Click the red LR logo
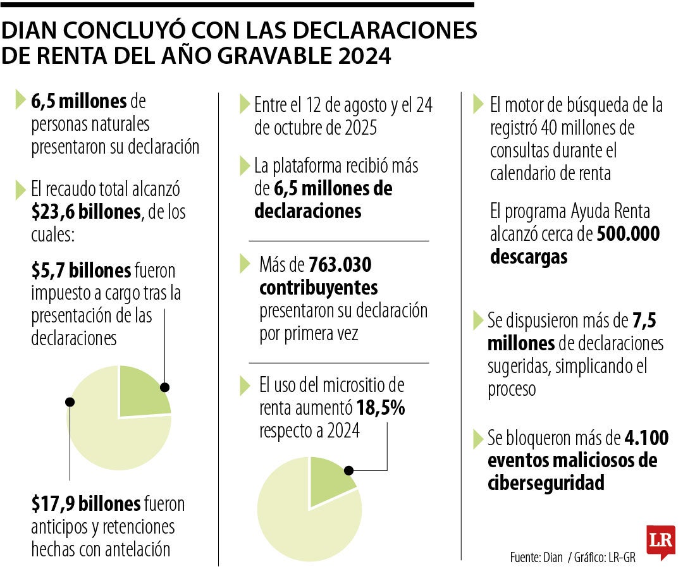coord(660,541)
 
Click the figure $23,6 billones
coord(86,212)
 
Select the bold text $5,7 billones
coord(81,271)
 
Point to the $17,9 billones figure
coord(86,504)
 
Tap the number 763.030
coord(340,264)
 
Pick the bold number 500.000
coord(628,235)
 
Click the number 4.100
coord(646,437)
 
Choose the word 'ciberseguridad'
coord(546,483)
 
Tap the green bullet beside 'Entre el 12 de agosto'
coord(244,104)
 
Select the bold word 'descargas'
coord(528,257)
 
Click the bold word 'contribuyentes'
coord(318,288)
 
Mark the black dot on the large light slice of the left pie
coord(70,401)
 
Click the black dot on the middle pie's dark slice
coord(348,470)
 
